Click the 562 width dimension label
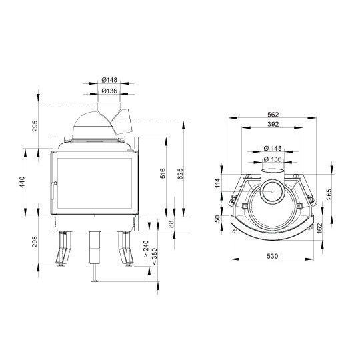click(273, 115)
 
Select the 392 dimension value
click(273, 124)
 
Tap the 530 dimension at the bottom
click(272, 256)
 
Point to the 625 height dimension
click(181, 174)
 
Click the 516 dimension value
click(163, 173)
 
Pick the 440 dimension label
click(22, 182)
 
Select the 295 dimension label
click(35, 126)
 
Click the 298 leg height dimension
click(35, 241)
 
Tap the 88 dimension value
click(171, 224)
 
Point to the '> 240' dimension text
click(146, 249)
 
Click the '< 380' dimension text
click(155, 257)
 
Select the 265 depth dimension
click(329, 194)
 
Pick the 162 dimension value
click(319, 228)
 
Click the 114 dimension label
click(217, 183)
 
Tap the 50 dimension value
click(217, 219)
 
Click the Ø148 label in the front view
click(109, 80)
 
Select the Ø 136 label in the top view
click(273, 159)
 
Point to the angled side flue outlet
click(122, 122)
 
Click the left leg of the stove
click(62, 249)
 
